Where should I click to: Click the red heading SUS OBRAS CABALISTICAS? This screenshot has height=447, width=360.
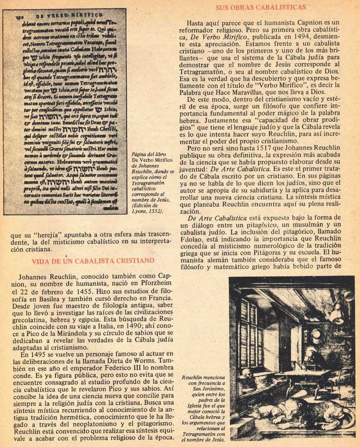point(261,7)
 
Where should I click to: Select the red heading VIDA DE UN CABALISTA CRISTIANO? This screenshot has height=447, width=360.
point(93,261)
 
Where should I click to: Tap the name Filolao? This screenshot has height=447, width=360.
point(191,239)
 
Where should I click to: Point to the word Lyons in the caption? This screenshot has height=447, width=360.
point(141,211)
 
